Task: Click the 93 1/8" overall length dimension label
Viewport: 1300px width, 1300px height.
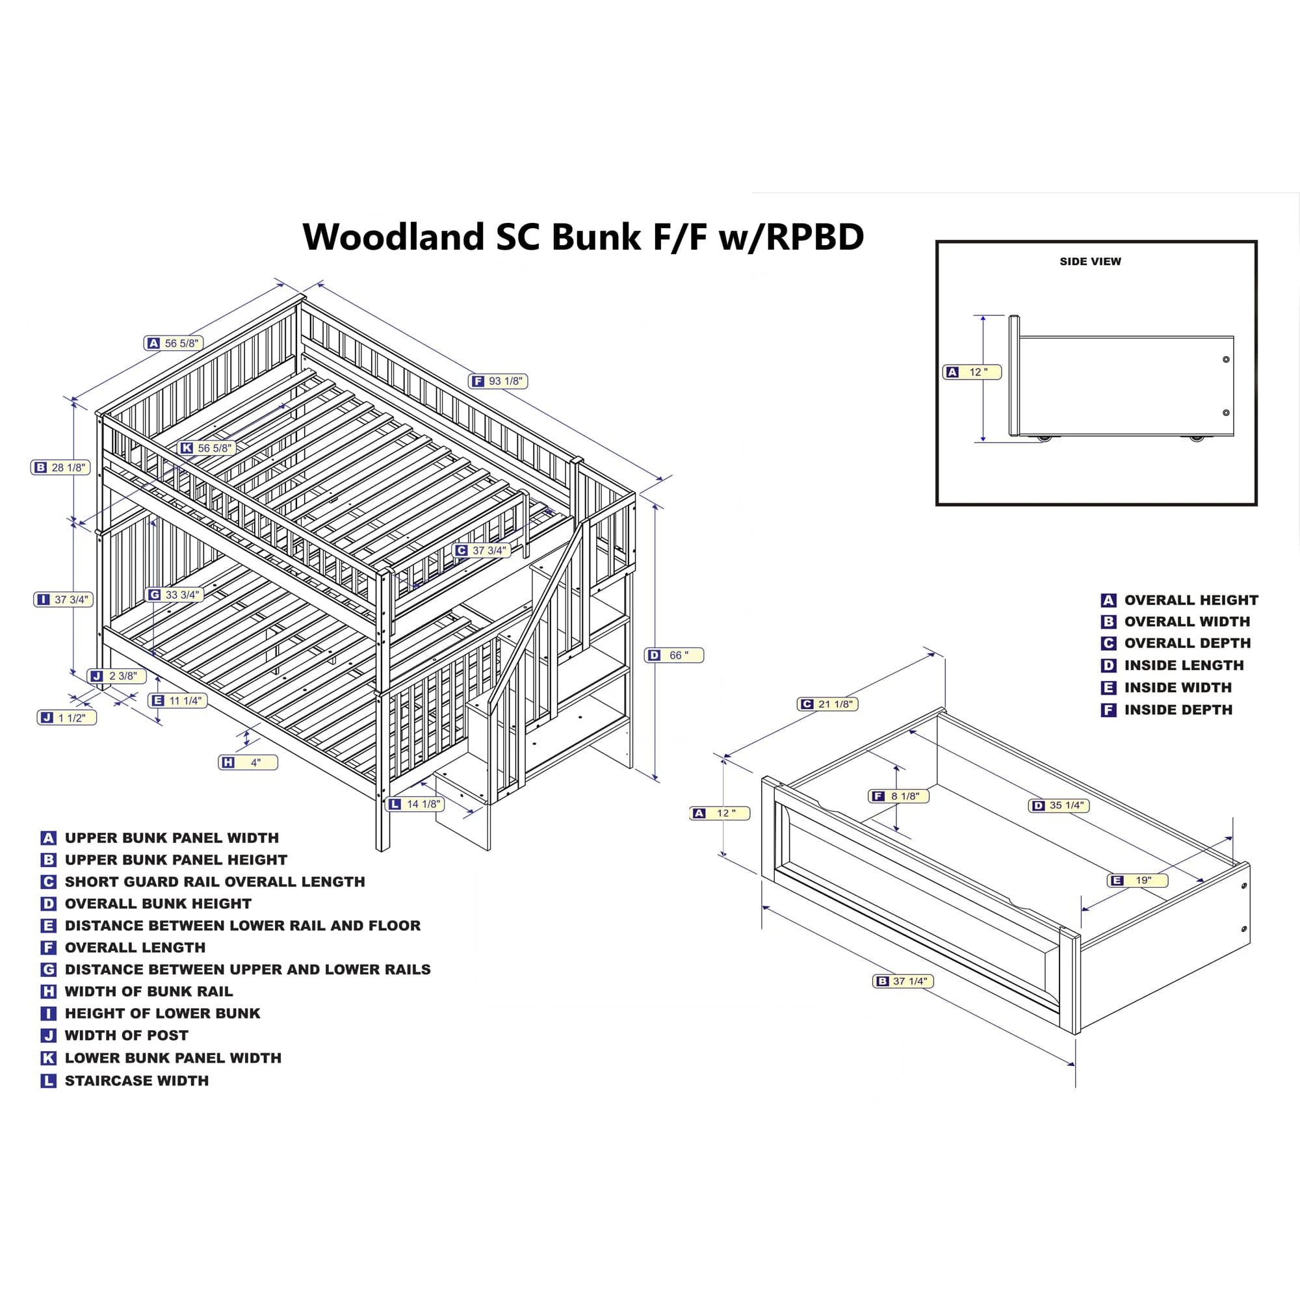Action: point(498,382)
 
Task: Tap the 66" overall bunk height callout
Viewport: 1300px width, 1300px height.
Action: point(674,655)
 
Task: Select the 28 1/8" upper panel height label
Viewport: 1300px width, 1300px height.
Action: point(60,467)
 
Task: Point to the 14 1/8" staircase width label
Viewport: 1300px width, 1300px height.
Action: point(416,804)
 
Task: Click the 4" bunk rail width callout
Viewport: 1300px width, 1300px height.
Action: point(248,762)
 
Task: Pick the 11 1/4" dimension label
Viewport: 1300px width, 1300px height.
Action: point(177,701)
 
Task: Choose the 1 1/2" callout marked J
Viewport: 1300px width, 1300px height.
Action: point(66,718)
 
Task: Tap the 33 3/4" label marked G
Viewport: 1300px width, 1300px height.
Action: point(174,595)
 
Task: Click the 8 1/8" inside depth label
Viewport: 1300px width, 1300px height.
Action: point(898,796)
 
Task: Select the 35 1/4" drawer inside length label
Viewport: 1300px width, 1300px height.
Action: point(1059,805)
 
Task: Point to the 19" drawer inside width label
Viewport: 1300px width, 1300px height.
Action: point(1137,880)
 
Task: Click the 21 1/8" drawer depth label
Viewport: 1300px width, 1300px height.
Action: point(828,704)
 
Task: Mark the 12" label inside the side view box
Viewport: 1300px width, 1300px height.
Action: point(972,372)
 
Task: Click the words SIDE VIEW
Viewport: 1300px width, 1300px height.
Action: point(1090,262)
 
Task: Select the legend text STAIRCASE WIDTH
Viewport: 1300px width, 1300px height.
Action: point(136,1081)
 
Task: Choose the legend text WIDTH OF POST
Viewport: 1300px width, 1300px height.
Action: point(127,1035)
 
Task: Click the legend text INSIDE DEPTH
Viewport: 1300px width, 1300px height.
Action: point(1178,710)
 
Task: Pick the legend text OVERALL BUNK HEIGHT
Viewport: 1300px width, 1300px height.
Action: point(158,903)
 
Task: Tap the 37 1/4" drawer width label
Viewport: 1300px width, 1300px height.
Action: point(903,981)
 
